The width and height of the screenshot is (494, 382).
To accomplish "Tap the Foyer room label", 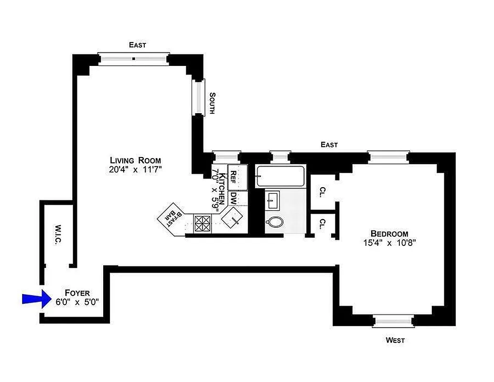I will pyautogui.click(x=77, y=293).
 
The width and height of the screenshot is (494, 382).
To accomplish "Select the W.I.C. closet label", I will pyautogui.click(x=57, y=234).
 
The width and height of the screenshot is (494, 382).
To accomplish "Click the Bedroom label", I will pyautogui.click(x=389, y=233).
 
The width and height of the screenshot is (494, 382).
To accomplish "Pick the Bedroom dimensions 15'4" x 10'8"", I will pyautogui.click(x=389, y=243).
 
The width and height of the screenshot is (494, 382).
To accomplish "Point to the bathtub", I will pyautogui.click(x=280, y=176).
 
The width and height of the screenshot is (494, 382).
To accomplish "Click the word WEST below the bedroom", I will pyautogui.click(x=395, y=340).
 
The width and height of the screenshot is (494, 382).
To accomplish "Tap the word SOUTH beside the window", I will pyautogui.click(x=212, y=103).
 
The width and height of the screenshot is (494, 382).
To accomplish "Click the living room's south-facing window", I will pyautogui.click(x=198, y=97).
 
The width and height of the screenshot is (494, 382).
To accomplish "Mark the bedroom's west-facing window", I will pyautogui.click(x=393, y=321).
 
